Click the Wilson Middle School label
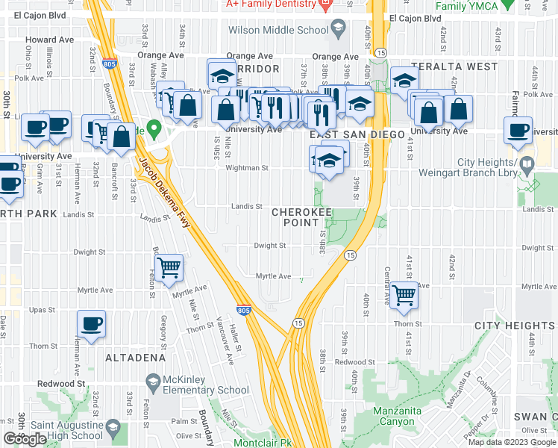point(278,31)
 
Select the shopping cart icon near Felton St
point(170,266)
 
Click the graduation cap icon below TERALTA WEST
point(404,81)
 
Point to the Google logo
point(25,439)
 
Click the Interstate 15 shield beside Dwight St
point(349,255)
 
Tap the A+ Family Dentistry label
point(269,4)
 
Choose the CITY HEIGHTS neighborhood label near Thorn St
point(515,326)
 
